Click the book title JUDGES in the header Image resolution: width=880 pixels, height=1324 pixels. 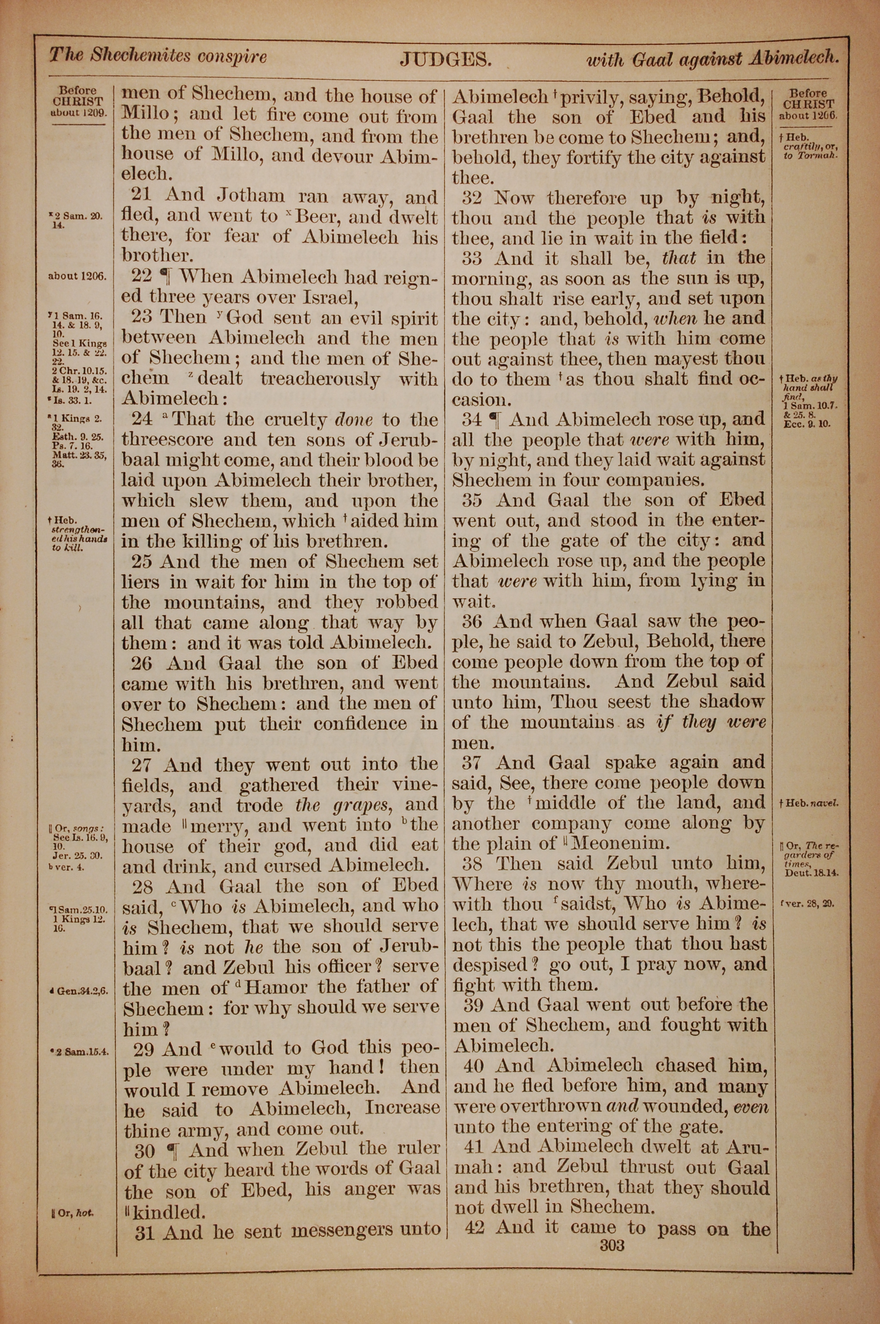(446, 59)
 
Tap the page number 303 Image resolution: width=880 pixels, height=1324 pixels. (612, 1246)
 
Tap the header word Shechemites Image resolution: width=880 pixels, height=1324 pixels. (141, 55)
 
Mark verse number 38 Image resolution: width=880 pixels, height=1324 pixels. (474, 864)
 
